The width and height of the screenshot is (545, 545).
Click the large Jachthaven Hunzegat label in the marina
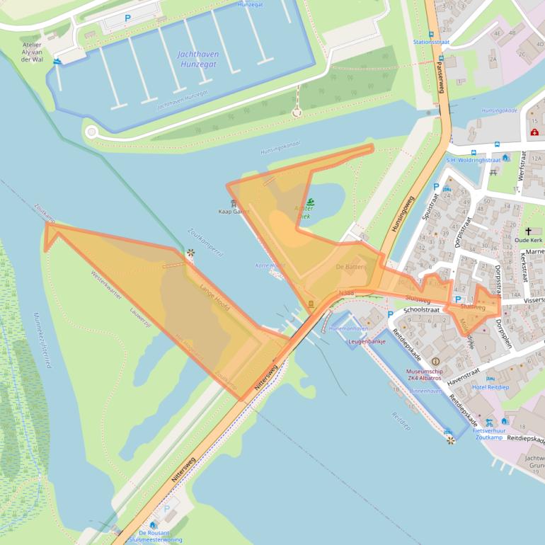(x=199, y=59)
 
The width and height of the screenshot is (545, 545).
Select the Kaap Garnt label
(x=234, y=212)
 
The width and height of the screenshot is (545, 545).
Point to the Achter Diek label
(x=302, y=212)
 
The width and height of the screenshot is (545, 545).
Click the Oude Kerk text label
(x=533, y=240)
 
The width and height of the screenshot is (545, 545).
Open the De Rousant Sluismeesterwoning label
(x=161, y=536)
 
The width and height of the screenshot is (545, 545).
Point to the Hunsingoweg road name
(x=403, y=215)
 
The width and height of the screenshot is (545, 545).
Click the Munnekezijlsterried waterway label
(x=40, y=339)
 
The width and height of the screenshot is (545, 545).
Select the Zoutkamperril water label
(x=206, y=241)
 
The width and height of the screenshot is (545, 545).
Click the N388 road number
(x=346, y=292)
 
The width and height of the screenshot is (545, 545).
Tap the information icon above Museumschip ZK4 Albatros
(x=435, y=362)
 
